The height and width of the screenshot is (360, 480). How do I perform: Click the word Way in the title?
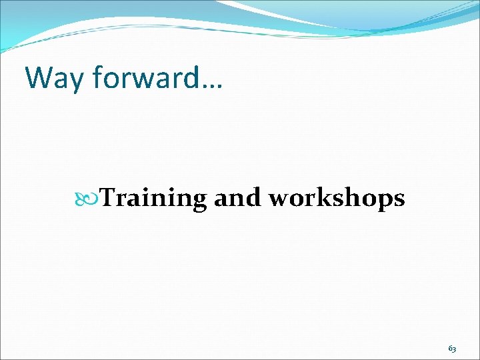pos(56,78)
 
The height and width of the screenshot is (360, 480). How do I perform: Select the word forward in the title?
pos(145,78)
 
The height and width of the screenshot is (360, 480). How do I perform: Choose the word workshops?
pos(336,199)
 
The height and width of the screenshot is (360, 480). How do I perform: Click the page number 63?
pos(452,349)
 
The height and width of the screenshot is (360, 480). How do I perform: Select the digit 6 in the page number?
pos(450,349)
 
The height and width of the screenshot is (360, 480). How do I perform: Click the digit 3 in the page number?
pos(455,349)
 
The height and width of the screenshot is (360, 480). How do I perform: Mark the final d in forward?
pos(194,77)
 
